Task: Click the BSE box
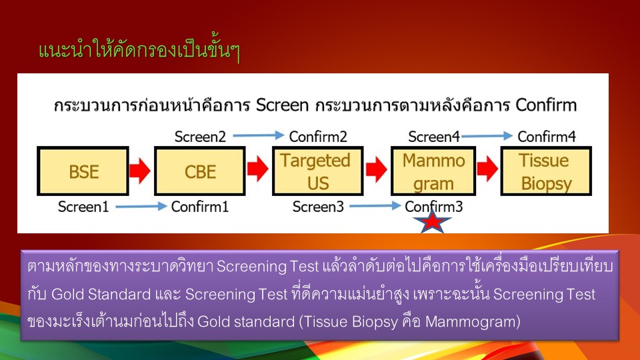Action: pyautogui.click(x=83, y=171)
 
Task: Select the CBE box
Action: pyautogui.click(x=199, y=171)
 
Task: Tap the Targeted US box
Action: pyautogui.click(x=317, y=171)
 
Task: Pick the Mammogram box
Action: pyautogui.click(x=433, y=171)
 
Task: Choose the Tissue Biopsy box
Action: pyautogui.click(x=546, y=171)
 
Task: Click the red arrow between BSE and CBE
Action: pyautogui.click(x=140, y=170)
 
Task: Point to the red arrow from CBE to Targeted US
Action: pyautogui.click(x=257, y=169)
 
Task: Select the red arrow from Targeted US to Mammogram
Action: pyautogui.click(x=376, y=169)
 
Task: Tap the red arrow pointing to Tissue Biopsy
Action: pyautogui.click(x=487, y=169)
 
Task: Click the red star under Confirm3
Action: pyautogui.click(x=432, y=221)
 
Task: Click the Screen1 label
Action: pyautogui.click(x=83, y=207)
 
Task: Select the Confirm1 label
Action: pyautogui.click(x=199, y=207)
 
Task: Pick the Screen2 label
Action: pyautogui.click(x=200, y=136)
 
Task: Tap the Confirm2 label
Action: pyautogui.click(x=318, y=136)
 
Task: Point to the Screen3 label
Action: pyautogui.click(x=318, y=207)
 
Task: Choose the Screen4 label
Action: pyautogui.click(x=434, y=136)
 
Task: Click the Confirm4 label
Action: pyautogui.click(x=547, y=136)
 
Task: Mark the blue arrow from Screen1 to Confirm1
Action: pyautogui.click(x=141, y=207)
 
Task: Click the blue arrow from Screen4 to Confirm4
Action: pyautogui.click(x=487, y=135)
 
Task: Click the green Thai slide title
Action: pyautogui.click(x=139, y=50)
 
